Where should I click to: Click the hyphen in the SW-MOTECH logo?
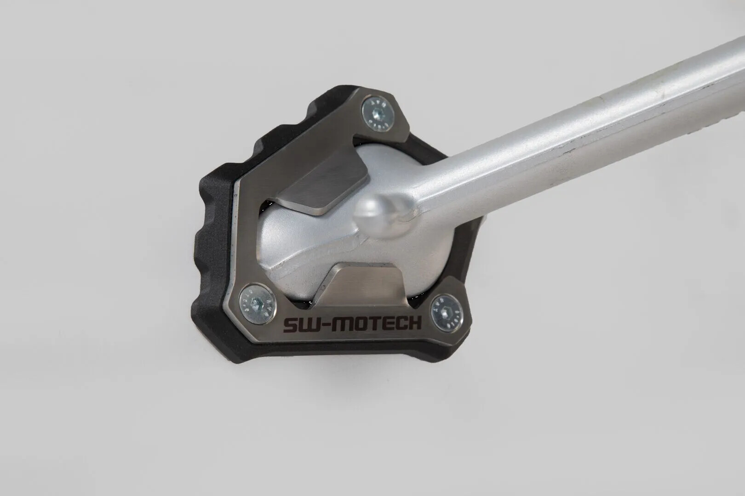click(321, 325)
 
